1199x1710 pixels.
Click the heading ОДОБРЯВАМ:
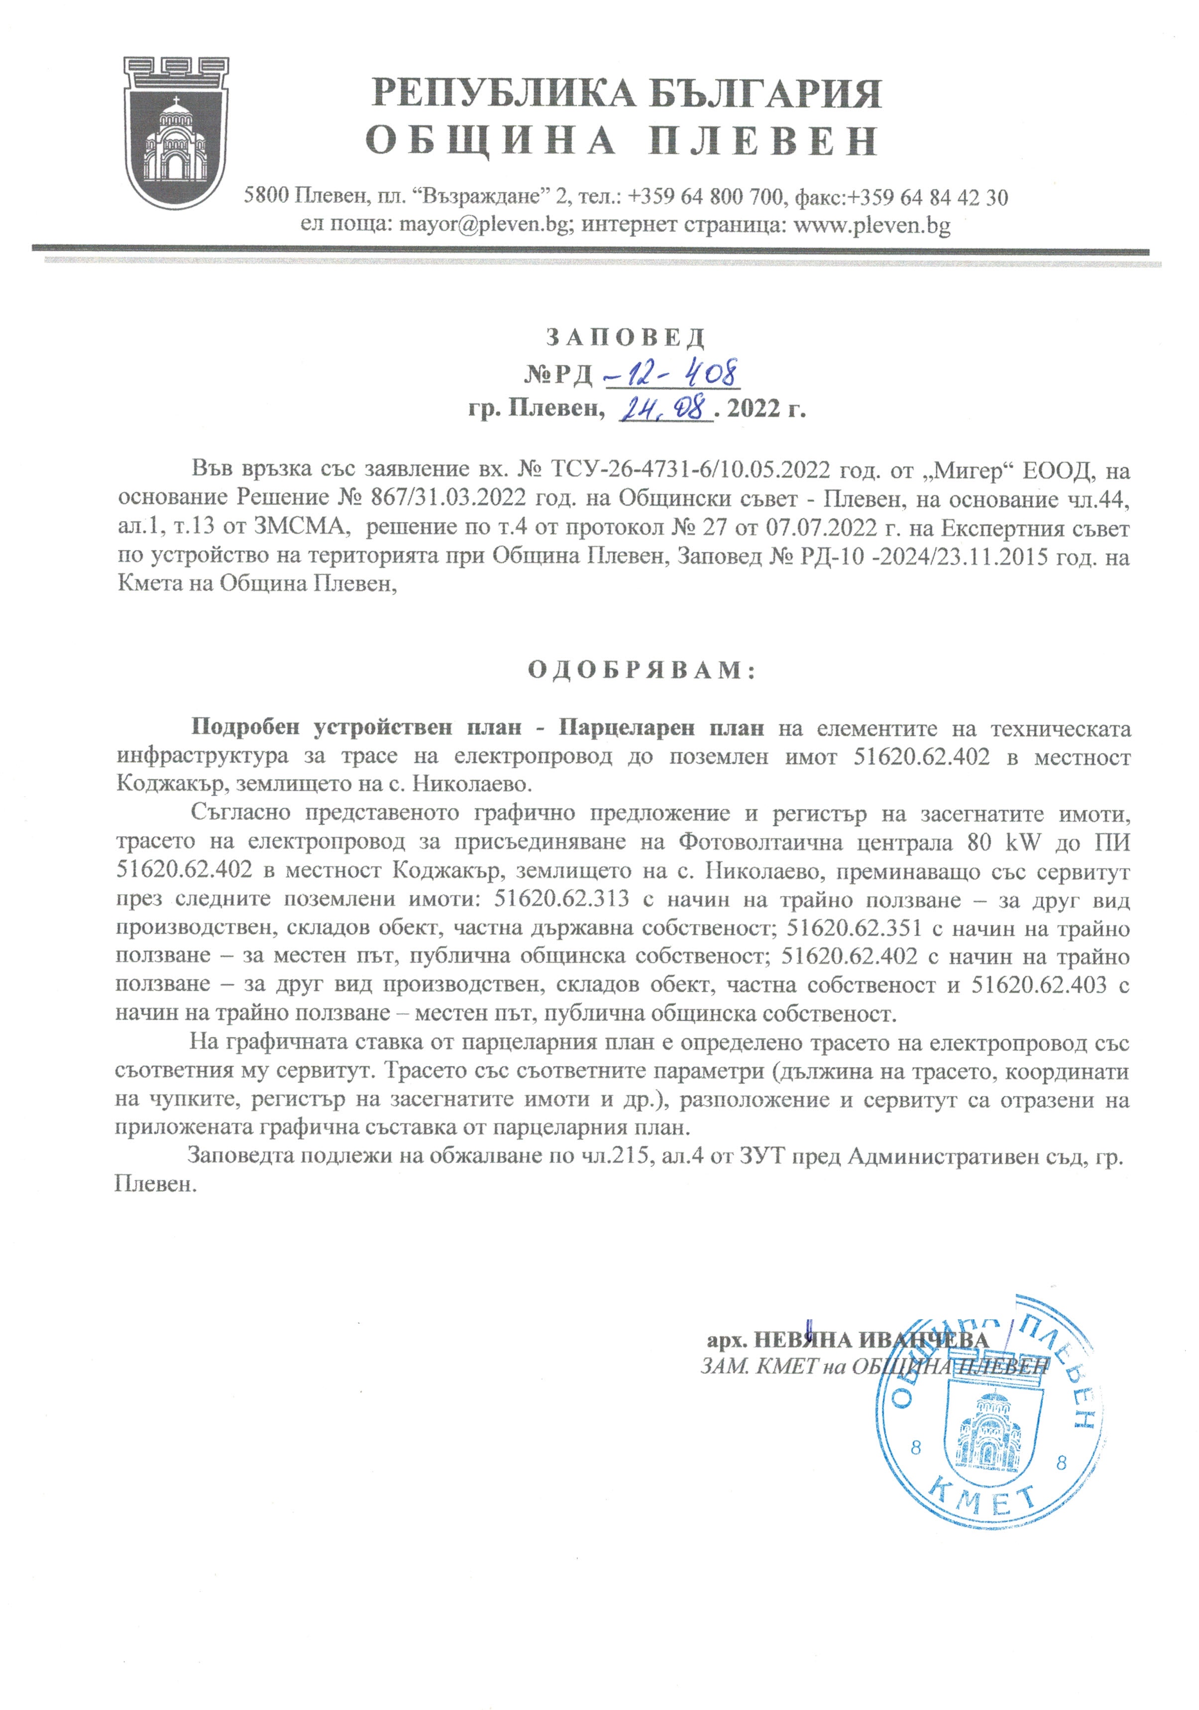pyautogui.click(x=642, y=669)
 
